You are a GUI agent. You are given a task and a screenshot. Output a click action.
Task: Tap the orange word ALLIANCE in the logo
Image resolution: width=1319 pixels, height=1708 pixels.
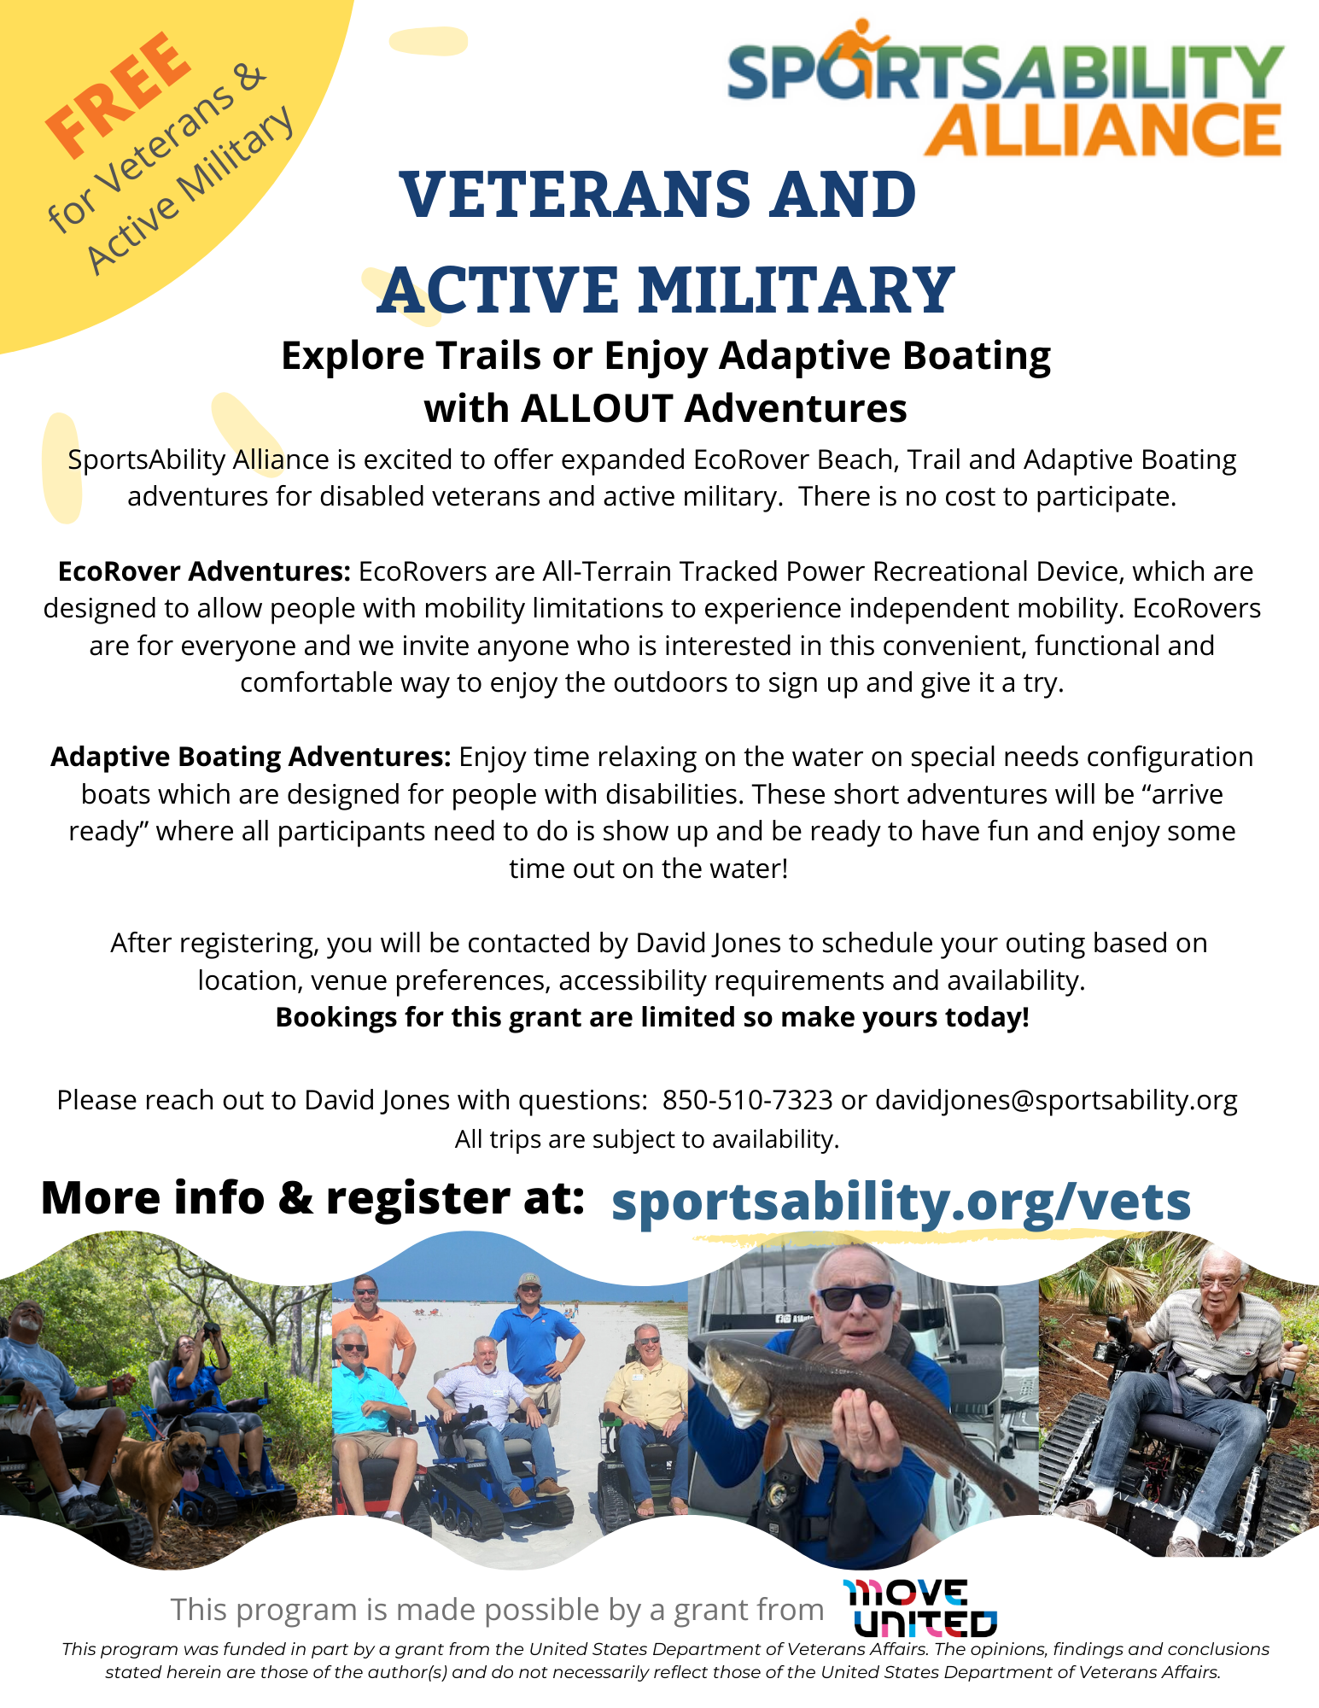click(1102, 131)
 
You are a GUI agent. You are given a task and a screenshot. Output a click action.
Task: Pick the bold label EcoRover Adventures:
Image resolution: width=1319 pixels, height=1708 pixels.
click(204, 570)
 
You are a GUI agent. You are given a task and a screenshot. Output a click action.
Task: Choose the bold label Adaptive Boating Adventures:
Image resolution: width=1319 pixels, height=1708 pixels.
click(250, 757)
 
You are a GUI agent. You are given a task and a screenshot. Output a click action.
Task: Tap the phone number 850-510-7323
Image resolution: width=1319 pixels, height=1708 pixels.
click(747, 1100)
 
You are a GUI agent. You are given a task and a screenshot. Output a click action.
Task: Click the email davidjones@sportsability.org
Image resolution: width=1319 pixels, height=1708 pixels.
click(1056, 1100)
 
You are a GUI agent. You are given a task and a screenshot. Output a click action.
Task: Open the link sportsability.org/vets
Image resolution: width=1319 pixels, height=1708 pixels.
click(901, 1201)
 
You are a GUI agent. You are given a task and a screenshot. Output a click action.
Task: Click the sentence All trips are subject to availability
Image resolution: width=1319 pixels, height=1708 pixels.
click(647, 1139)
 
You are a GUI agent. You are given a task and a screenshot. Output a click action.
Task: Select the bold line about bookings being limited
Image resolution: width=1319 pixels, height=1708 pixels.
click(652, 1017)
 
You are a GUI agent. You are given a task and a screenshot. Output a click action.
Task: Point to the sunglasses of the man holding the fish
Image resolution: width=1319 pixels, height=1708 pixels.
click(855, 1296)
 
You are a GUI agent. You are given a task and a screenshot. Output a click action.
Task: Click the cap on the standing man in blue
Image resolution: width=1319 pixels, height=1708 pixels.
click(530, 1280)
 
